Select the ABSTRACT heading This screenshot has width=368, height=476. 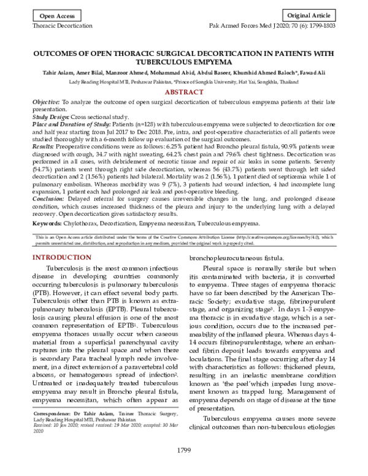(x=184, y=91)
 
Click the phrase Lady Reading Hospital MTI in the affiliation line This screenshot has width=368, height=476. (x=101, y=82)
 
